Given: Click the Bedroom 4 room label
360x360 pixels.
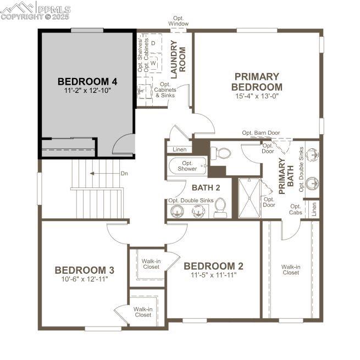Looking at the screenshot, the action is (87, 81).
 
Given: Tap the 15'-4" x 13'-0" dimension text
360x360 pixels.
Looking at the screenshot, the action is (257, 96).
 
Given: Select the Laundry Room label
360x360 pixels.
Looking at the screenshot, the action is (178, 59).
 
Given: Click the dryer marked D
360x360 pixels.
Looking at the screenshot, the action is (153, 43).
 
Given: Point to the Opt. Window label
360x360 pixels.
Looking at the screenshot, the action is (179, 21).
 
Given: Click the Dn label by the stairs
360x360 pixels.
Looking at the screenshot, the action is (124, 173).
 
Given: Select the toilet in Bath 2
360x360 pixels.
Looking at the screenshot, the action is (220, 208).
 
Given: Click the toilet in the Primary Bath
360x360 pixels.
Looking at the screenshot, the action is (220, 153).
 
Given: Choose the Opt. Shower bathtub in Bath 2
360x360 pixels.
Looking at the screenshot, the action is (188, 167).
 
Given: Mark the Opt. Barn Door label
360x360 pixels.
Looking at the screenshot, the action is (261, 132).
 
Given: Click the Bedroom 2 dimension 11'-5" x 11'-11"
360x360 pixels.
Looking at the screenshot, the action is (213, 275).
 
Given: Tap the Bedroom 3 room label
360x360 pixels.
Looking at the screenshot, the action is (85, 270).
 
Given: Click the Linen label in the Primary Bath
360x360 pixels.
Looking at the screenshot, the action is (314, 209).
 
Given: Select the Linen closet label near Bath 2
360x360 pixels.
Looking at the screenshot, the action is (180, 149).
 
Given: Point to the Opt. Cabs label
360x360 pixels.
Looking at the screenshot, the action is (296, 209).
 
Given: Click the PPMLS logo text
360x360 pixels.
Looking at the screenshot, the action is (54, 10).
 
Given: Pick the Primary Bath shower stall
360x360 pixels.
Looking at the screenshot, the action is (249, 198).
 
